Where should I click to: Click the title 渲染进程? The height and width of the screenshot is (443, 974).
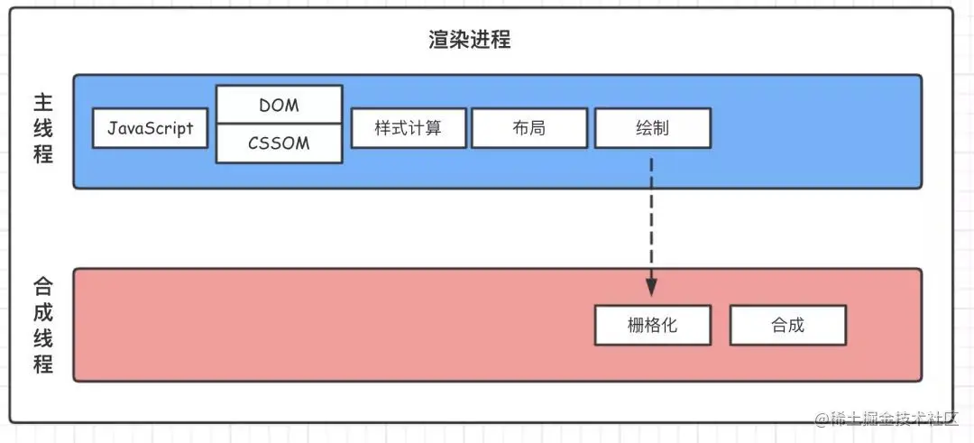(x=470, y=41)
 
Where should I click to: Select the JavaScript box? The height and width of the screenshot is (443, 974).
(x=150, y=129)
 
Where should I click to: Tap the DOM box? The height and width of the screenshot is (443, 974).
(x=279, y=105)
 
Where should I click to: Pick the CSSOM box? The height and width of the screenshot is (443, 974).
(x=279, y=143)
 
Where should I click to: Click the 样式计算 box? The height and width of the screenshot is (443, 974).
(x=409, y=129)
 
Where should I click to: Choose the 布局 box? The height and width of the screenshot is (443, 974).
(x=529, y=129)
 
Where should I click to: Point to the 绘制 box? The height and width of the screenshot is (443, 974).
(x=653, y=129)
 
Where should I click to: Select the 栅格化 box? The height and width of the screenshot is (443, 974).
(x=653, y=325)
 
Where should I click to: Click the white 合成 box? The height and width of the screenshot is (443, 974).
(x=787, y=325)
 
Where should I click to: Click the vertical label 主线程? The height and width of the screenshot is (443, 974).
(x=43, y=129)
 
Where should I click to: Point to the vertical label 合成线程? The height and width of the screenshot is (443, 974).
(x=43, y=326)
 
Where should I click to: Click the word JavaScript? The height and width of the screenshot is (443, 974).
(x=150, y=129)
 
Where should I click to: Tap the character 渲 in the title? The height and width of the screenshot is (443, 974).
(x=439, y=41)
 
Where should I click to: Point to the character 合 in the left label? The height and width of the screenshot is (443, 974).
(x=43, y=287)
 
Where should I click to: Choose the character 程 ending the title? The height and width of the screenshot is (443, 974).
(x=501, y=41)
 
